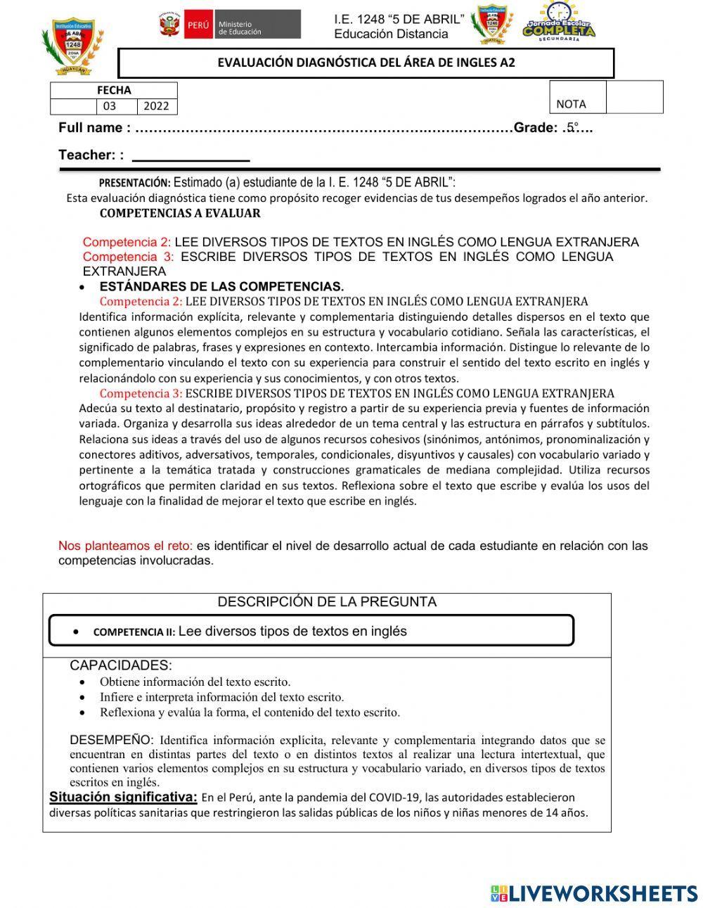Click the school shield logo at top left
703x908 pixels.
(72, 46)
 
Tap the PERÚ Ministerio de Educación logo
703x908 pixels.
(229, 25)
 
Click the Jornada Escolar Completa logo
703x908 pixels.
(559, 21)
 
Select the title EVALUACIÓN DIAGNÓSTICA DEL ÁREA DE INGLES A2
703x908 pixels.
(366, 63)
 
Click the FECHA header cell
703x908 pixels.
(114, 90)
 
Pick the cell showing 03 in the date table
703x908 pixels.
(110, 106)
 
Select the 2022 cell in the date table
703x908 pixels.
(156, 106)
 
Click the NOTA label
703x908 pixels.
(571, 104)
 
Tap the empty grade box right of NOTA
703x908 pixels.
(634, 97)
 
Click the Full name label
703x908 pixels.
(94, 127)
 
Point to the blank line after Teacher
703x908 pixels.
(191, 156)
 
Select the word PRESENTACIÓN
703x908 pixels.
(134, 182)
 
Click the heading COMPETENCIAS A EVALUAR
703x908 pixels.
(180, 213)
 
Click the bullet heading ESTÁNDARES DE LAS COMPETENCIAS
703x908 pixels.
(221, 286)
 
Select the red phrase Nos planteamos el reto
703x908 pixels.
(125, 546)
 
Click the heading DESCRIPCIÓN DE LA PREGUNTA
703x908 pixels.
(327, 602)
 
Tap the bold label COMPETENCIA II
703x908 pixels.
(134, 632)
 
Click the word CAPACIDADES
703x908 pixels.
(120, 665)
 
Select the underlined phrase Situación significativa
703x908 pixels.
(123, 797)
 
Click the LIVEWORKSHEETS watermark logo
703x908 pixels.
(594, 893)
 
